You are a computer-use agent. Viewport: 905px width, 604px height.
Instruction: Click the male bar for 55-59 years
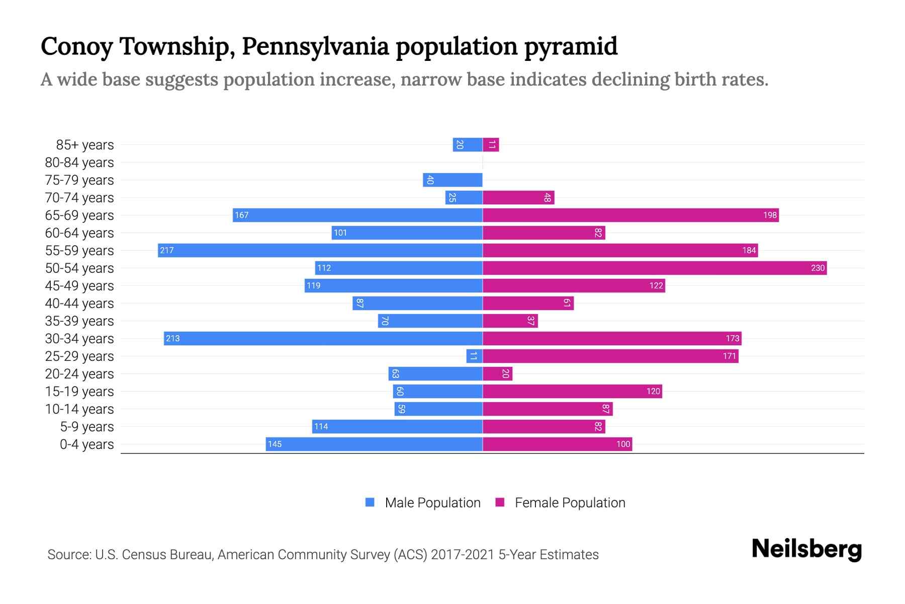pos(320,250)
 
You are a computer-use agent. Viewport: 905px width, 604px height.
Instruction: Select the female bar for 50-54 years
pos(655,268)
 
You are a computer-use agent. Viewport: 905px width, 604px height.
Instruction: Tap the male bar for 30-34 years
pos(323,338)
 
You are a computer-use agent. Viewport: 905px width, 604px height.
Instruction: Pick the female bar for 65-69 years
pos(630,215)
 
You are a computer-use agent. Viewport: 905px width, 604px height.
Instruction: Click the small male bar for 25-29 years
pos(474,356)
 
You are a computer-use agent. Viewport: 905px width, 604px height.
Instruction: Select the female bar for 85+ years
pos(491,145)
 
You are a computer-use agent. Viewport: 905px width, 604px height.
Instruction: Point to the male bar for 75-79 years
pos(452,180)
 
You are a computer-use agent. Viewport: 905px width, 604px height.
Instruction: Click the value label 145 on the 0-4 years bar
pos(275,444)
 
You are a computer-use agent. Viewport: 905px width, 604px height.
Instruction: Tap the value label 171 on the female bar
pos(730,356)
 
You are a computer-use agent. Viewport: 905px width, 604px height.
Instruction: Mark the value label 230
pos(818,268)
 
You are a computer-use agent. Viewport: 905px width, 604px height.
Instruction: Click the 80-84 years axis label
pos(79,163)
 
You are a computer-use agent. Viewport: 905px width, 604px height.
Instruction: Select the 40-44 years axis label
pos(79,304)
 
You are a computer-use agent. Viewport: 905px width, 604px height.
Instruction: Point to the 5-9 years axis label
pos(86,427)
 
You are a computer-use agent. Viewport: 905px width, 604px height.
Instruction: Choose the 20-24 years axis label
pos(79,374)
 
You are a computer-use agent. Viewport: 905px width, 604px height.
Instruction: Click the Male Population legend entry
pos(432,503)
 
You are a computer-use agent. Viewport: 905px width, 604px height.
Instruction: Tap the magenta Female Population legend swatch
pos(500,502)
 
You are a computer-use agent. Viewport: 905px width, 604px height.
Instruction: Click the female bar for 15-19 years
pos(572,391)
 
